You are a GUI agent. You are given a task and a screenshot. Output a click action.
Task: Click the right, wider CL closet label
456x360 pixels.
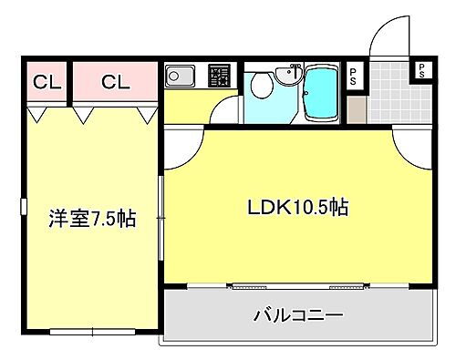coord(115,83)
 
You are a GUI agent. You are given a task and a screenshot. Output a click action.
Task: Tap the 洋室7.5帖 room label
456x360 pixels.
coord(91,220)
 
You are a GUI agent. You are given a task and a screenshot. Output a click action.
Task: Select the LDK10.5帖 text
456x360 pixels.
coord(297,206)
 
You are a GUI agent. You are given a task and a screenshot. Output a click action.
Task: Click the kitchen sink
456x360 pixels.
coord(180,76)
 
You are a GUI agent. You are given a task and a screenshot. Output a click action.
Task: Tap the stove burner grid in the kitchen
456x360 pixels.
coord(219,75)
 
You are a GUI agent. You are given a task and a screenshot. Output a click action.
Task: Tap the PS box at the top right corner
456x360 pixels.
coord(421,69)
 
